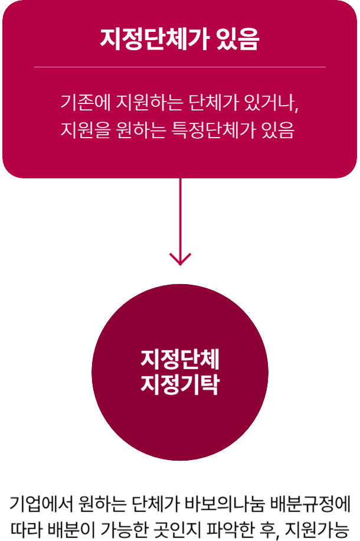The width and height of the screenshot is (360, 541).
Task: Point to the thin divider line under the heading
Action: [180, 67]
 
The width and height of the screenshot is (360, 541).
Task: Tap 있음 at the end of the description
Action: [277, 129]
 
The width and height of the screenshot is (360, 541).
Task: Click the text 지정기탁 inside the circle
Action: [180, 384]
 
